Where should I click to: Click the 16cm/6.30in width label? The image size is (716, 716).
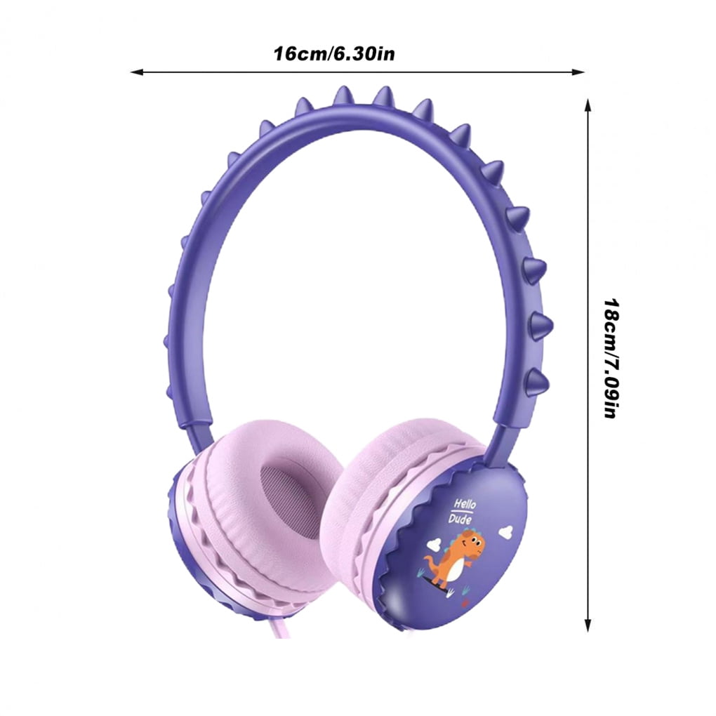(x=334, y=54)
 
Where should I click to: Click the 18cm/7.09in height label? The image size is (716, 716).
(x=611, y=359)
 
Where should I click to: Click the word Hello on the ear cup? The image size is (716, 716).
(x=465, y=504)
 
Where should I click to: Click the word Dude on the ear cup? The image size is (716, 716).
(x=460, y=519)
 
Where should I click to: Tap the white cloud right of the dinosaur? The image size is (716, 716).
(x=505, y=532)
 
